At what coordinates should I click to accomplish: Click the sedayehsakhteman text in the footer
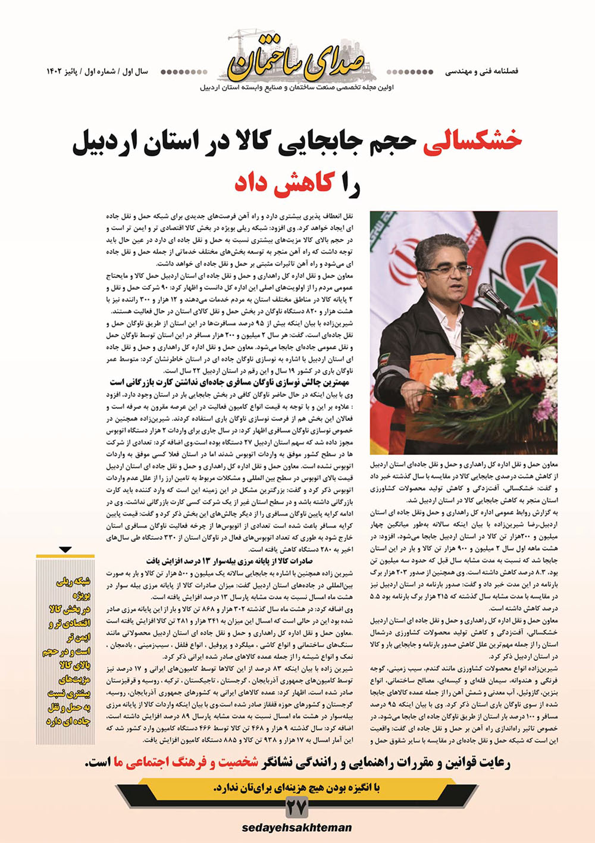click(296, 828)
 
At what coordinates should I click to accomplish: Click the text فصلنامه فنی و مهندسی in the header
click(481, 71)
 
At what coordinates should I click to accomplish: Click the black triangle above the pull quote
click(65, 549)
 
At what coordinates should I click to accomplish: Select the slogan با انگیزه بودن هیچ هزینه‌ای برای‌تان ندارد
click(296, 788)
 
